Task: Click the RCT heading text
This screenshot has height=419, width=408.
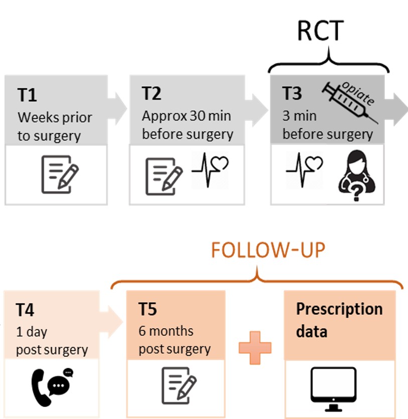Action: [320, 31]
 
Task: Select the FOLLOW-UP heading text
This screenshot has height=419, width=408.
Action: [268, 250]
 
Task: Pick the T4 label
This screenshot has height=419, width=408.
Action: [26, 310]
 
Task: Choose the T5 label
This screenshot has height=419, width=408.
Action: [148, 310]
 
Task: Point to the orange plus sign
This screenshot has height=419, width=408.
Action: [255, 347]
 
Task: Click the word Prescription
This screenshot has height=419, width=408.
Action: [339, 309]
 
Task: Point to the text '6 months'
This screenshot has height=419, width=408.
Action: [166, 332]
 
